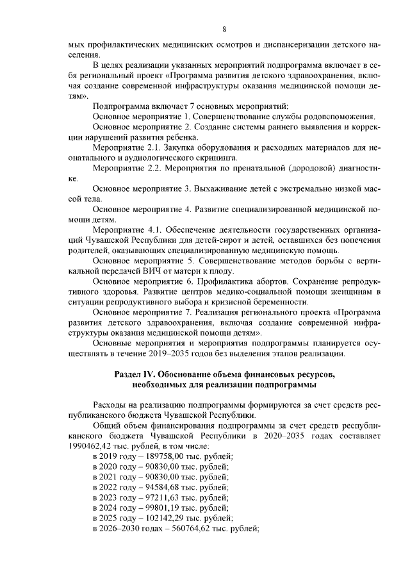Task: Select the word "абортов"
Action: [264, 281]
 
